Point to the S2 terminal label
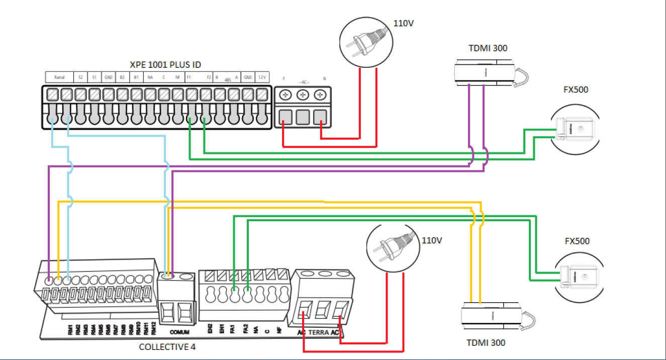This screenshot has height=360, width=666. coord(80,78)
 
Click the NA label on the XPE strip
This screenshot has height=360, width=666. coord(150,78)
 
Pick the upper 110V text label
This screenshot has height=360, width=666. coord(402,23)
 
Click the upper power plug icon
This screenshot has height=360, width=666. coord(364,39)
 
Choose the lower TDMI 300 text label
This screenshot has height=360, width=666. coord(486,343)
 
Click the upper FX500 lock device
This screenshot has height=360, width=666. coord(574,129)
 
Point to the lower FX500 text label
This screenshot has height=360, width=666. coord(577,241)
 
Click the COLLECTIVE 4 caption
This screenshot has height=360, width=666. coord(167,347)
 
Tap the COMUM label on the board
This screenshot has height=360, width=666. coord(179,332)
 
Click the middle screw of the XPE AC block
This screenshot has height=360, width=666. coord(302,95)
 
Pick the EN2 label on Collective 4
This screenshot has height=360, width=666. coord(210,329)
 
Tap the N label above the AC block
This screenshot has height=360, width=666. coord(324,79)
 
